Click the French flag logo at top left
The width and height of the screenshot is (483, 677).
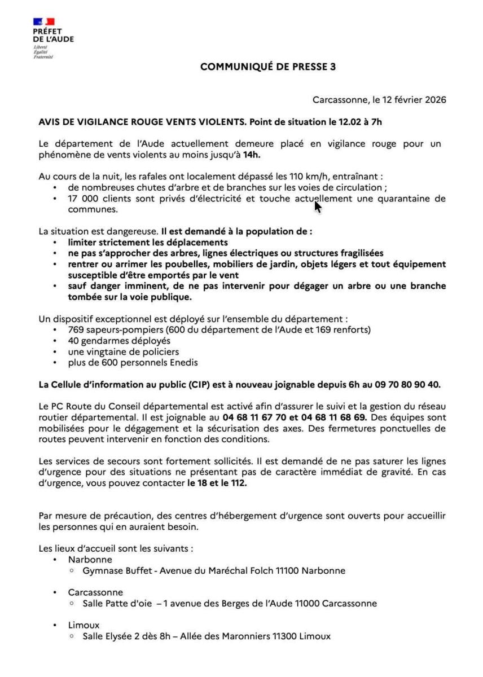coord(44,22)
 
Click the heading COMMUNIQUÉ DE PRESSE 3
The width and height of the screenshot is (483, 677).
coord(268,67)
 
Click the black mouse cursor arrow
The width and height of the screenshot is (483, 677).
coord(318,206)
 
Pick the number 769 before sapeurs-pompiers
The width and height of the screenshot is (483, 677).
coord(76,330)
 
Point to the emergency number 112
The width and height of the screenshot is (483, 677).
coord(239,483)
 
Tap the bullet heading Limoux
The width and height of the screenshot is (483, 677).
coord(84,625)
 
